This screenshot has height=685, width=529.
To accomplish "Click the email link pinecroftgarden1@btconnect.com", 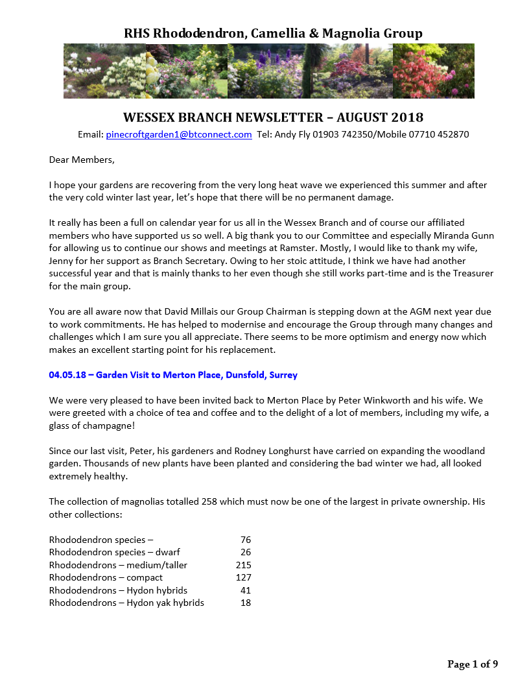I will (x=178, y=135).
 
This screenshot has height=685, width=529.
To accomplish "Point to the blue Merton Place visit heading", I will (x=173, y=375).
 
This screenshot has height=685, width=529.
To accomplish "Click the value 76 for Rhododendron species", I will (x=245, y=540).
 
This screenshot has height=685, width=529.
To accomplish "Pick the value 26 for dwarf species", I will (x=245, y=552).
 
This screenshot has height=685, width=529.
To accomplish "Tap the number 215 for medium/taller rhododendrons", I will (x=243, y=565).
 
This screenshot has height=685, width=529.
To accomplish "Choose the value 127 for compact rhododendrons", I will (x=243, y=577).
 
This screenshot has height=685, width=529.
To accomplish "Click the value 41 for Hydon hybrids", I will (x=245, y=590).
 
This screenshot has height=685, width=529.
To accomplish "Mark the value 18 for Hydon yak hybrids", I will (x=245, y=603).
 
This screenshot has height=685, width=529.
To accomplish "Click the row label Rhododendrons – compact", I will (x=106, y=577).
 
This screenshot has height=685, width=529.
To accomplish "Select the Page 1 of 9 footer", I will (x=473, y=664).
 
